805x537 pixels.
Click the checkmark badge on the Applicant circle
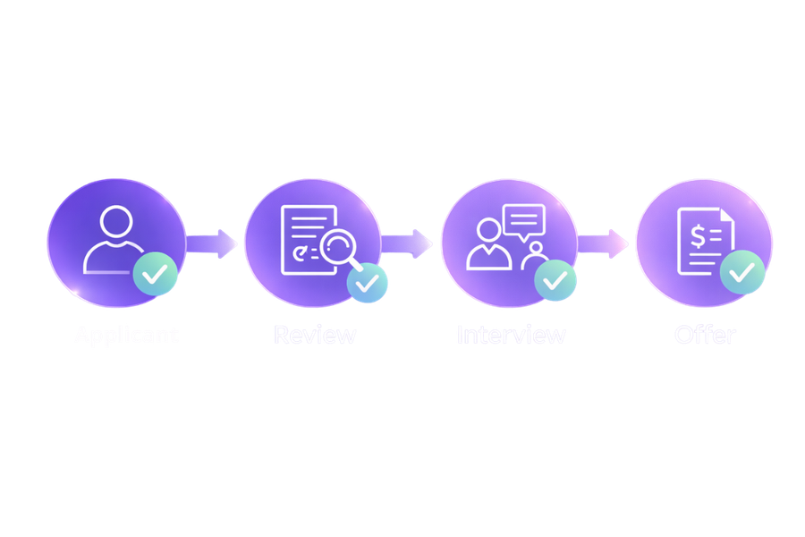click(x=155, y=275)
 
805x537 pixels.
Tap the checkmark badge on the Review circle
click(x=368, y=282)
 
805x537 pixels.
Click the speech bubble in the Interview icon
click(x=523, y=219)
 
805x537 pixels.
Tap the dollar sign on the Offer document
click(x=696, y=234)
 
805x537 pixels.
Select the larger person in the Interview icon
click(x=488, y=243)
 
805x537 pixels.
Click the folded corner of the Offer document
click(x=726, y=216)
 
